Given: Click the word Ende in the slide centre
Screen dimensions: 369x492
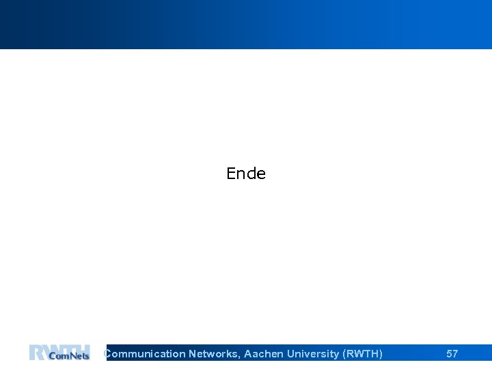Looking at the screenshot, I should [246, 174].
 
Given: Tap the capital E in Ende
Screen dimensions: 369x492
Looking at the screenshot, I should [231, 174].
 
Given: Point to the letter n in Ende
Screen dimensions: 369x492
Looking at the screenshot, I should [241, 174].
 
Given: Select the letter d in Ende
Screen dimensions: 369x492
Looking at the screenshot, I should [251, 174].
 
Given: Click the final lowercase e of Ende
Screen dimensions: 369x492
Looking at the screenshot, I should [261, 174].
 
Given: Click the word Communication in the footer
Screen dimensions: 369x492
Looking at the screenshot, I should [145, 354].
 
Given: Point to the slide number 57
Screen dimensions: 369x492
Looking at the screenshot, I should [452, 354].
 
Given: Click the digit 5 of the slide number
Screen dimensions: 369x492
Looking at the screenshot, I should [449, 354].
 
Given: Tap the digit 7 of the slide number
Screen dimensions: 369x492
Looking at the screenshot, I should [455, 354].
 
